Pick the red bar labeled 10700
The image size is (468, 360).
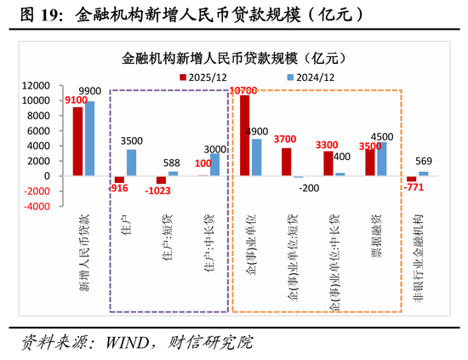click(244, 135)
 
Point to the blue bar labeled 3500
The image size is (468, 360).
click(131, 163)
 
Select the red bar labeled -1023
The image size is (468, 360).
click(161, 180)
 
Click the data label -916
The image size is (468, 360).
click(118, 188)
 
